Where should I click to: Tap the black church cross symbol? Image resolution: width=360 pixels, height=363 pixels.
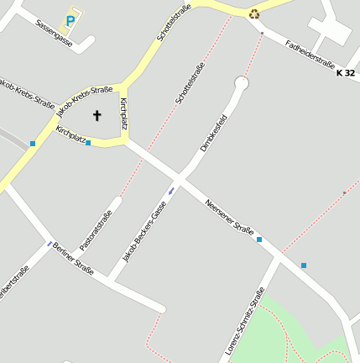click(x=97, y=115)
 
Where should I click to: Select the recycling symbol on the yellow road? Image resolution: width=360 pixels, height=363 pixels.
click(x=253, y=13)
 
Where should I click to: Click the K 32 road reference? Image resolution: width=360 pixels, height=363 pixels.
click(x=345, y=74)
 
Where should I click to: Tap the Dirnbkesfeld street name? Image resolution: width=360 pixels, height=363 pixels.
click(x=214, y=132)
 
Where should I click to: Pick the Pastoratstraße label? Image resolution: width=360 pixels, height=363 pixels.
click(x=96, y=229)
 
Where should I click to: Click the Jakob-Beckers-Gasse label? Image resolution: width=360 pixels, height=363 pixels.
click(x=144, y=232)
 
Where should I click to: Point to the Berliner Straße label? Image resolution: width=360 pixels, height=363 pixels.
click(x=72, y=258)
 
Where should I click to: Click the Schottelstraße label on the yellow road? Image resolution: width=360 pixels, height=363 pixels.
click(x=175, y=23)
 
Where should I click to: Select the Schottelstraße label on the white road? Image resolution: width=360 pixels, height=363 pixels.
click(x=190, y=84)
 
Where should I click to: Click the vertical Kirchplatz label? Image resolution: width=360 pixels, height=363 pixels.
click(x=124, y=114)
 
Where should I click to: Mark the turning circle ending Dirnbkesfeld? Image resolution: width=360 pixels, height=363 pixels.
click(x=242, y=83)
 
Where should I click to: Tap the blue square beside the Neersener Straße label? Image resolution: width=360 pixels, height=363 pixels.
click(x=259, y=239)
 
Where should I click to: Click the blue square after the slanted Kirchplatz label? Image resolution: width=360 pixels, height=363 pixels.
click(x=88, y=143)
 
